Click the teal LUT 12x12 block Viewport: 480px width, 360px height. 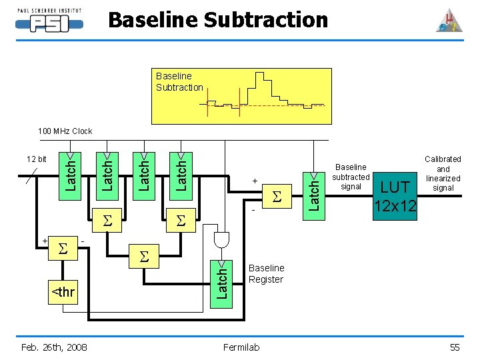[395, 196]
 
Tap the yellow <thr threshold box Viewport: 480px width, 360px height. [63, 293]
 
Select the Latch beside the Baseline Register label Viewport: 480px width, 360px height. [221, 284]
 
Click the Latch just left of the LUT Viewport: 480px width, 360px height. [314, 196]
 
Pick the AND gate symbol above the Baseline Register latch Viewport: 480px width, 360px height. [221, 240]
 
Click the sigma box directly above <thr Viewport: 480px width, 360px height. [63, 248]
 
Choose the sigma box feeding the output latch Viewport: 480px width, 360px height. [277, 196]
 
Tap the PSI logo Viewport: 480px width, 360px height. [49, 20]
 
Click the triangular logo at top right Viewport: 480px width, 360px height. [449, 21]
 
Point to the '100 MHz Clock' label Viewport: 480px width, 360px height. [65, 131]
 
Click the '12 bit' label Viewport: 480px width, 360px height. [37, 159]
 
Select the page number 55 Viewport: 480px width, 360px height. [455, 347]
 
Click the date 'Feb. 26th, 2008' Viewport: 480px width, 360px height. [54, 347]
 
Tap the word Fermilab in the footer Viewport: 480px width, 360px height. [241, 347]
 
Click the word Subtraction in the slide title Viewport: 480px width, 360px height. [266, 20]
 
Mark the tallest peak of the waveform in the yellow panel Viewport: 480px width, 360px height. [259, 73]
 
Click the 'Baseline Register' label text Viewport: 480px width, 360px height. [266, 274]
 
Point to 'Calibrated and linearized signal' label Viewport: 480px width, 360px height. [443, 173]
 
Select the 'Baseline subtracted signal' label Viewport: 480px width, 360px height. [351, 177]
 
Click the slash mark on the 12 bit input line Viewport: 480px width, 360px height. [31, 176]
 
